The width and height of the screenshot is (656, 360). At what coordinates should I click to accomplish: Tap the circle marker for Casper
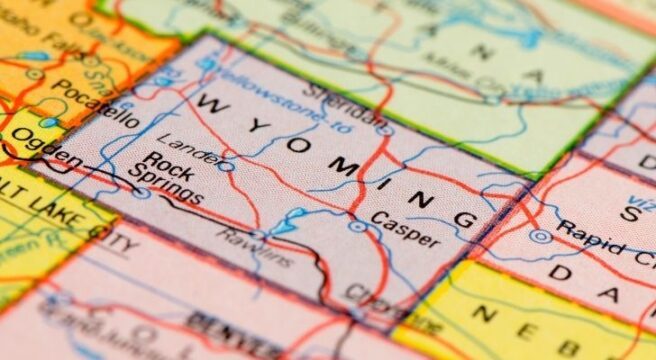[x=357, y=227]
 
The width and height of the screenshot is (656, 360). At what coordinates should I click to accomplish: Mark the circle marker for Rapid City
[x=541, y=237]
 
